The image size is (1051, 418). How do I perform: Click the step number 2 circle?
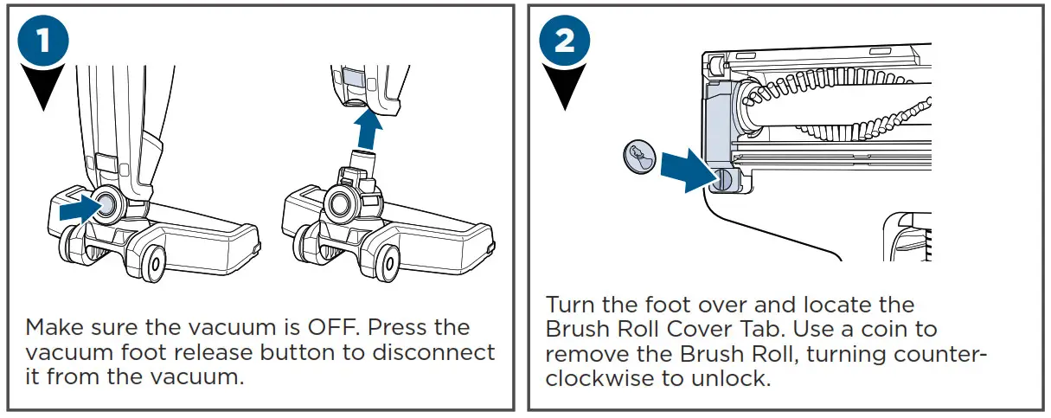click(x=564, y=41)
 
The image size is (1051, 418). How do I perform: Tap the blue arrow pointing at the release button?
click(x=80, y=208)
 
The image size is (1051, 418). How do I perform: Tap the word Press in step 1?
click(x=421, y=328)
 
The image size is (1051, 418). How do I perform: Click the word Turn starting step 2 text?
click(x=572, y=305)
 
